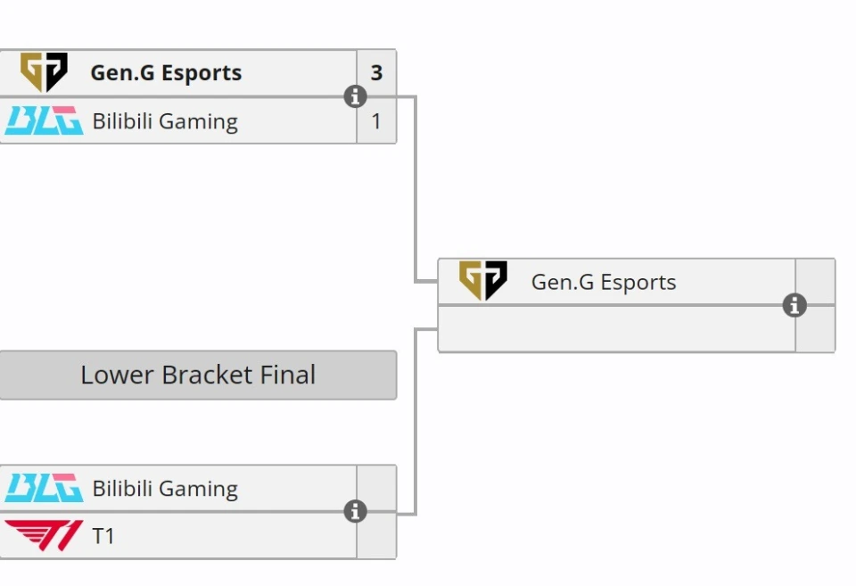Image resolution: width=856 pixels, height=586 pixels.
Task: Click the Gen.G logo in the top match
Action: (44, 72)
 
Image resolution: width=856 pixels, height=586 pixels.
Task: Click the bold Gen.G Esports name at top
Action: (166, 73)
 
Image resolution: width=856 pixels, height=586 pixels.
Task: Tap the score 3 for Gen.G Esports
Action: (376, 73)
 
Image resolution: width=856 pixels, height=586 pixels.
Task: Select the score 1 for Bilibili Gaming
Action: (376, 121)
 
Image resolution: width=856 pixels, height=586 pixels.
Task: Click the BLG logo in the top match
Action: (44, 120)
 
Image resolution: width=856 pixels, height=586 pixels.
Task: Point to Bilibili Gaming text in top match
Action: (165, 121)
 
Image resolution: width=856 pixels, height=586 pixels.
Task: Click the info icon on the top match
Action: (355, 96)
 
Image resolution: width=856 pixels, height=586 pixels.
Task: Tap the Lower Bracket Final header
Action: (198, 375)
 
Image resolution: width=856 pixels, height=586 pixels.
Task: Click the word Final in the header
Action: (288, 375)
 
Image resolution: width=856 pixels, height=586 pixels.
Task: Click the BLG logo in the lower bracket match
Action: (44, 488)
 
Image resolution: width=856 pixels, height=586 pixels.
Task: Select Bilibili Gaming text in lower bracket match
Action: (165, 489)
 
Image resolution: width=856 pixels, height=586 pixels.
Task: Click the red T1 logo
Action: (44, 536)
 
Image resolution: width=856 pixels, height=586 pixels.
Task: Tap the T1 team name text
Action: (103, 537)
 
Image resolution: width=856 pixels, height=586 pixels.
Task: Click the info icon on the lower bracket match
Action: (355, 511)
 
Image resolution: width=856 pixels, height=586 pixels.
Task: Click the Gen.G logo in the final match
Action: (482, 281)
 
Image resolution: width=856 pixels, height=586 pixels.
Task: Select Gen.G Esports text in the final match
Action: (604, 283)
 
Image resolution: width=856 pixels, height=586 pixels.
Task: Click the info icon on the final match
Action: (794, 306)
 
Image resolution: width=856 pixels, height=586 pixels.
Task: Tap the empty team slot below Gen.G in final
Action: (615, 329)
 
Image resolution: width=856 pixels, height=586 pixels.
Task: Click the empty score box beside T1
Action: (376, 537)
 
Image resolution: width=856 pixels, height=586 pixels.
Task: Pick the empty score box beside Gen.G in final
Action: (815, 282)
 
